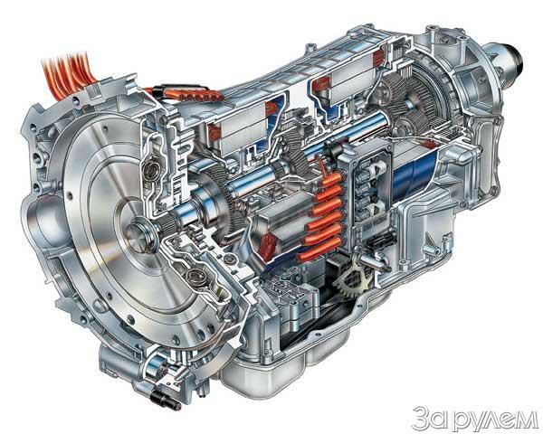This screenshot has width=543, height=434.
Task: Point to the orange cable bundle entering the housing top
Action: tap(66, 73)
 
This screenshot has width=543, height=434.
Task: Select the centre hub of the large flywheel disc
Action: tap(137, 230)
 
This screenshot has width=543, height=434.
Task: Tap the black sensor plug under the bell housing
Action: tap(166, 399)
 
